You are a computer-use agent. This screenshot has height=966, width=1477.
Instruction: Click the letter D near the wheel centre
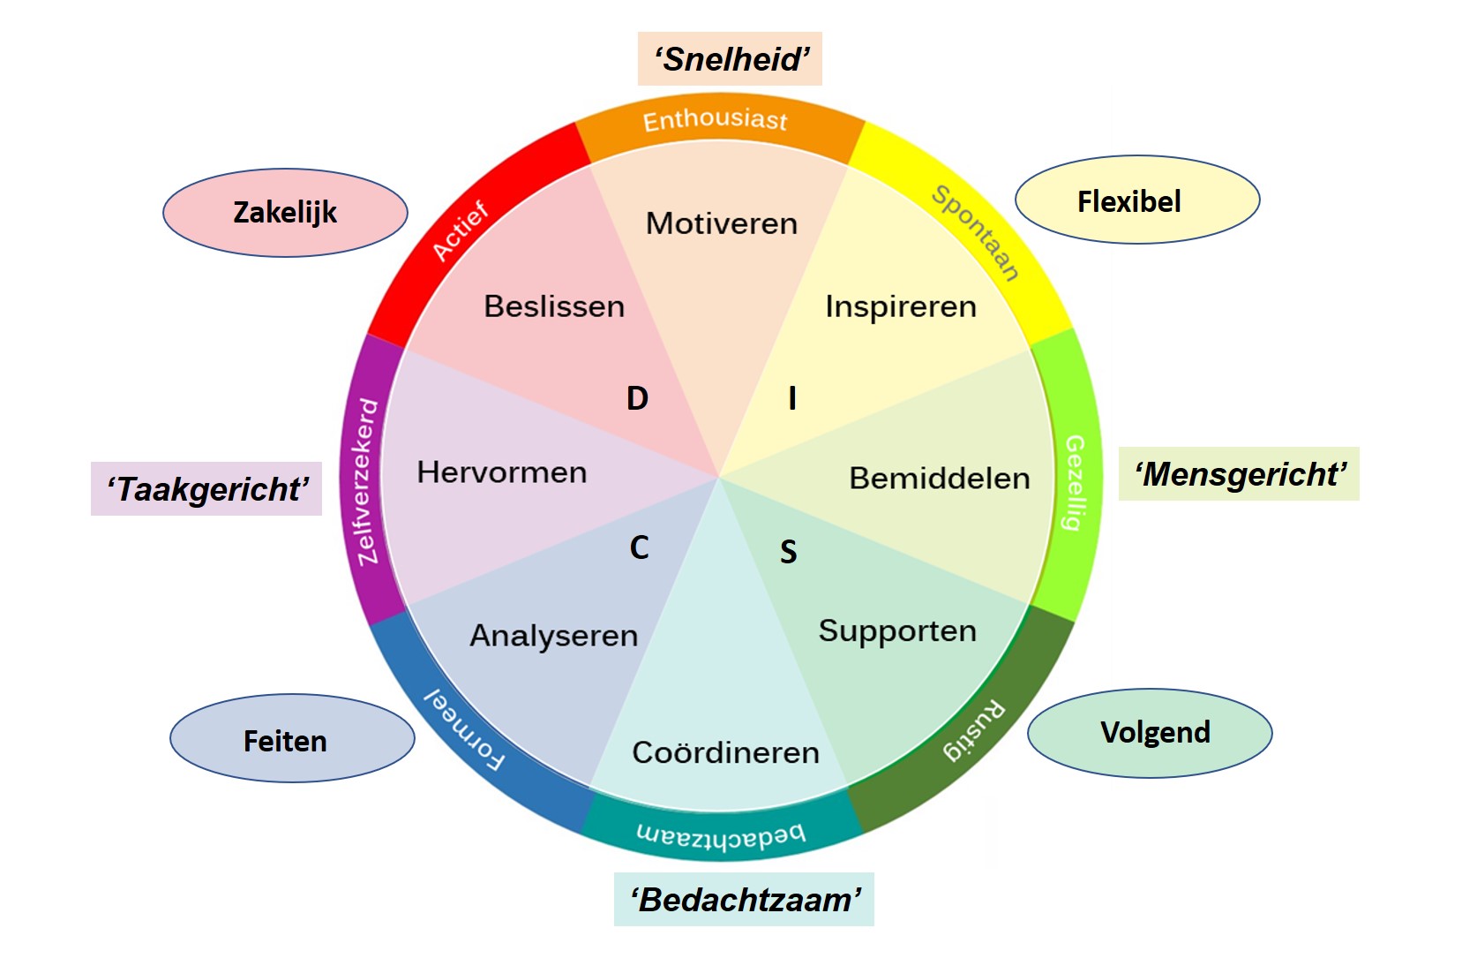point(638,398)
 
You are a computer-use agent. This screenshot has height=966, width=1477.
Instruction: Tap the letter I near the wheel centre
point(792,398)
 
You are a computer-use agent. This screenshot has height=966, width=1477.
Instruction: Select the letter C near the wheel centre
point(640,547)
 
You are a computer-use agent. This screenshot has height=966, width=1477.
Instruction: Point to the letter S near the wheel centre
point(789,552)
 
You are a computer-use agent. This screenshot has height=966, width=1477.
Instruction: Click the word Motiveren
point(722,223)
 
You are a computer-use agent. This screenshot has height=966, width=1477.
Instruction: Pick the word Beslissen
point(554,306)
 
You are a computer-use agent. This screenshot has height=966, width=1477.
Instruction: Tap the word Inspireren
point(901,307)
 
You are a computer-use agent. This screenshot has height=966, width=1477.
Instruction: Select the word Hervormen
point(502,472)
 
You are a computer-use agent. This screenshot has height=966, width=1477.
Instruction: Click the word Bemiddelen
point(940,479)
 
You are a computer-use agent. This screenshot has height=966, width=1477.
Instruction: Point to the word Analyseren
point(554,636)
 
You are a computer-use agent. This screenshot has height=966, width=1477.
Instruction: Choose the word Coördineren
point(725,752)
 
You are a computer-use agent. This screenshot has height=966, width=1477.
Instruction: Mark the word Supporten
point(897,631)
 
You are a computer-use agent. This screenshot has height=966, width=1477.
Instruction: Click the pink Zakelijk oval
point(286,213)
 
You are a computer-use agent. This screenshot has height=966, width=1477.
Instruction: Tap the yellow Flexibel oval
point(1137,200)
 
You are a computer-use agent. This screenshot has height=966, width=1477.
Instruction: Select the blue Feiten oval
point(292,738)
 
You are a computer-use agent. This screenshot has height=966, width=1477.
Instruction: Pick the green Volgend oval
point(1150,733)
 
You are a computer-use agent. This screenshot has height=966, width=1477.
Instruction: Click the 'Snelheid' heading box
point(730,59)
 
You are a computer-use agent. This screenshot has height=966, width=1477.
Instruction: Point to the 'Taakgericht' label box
point(206,489)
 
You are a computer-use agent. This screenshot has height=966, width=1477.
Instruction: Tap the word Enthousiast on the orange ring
point(716,120)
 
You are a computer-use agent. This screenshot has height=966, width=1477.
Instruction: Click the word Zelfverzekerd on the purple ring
point(367,482)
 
